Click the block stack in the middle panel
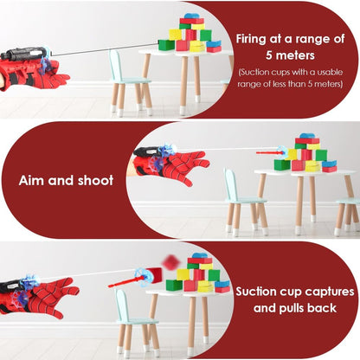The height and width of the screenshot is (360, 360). pyautogui.click(x=305, y=154)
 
